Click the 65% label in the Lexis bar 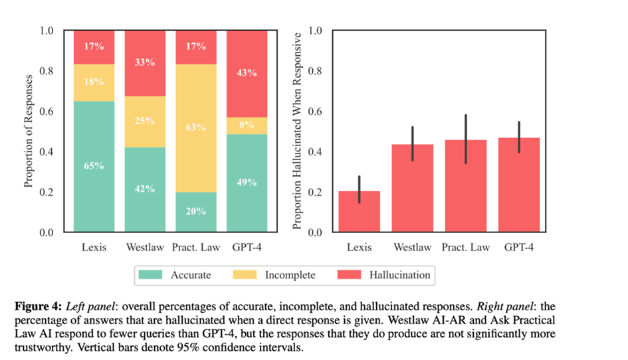(94, 165)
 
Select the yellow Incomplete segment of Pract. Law (195, 128)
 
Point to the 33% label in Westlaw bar (145, 63)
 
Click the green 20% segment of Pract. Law (195, 211)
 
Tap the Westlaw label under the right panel (412, 247)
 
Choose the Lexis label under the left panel (94, 247)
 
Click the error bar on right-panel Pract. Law (466, 139)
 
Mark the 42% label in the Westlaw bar (145, 189)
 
